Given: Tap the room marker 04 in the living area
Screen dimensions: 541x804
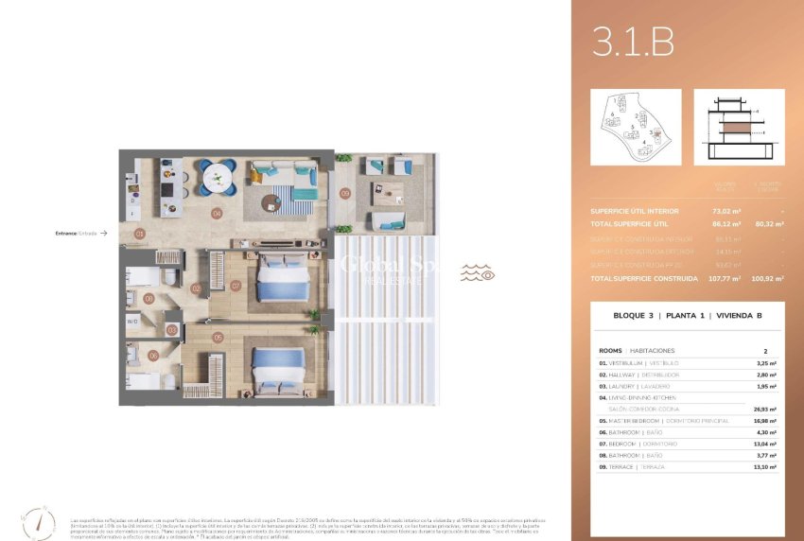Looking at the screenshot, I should coord(217,214).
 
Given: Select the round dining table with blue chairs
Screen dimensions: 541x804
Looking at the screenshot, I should coord(218,176).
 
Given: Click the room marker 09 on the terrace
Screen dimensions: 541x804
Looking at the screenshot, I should coord(345,193).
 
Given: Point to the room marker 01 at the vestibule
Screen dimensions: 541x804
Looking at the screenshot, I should coord(139,233).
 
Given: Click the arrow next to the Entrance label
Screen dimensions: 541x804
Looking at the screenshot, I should coord(104,233).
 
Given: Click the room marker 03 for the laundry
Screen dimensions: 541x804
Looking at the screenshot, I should coord(171,330).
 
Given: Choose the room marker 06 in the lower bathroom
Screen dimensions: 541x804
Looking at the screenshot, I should coord(153,357).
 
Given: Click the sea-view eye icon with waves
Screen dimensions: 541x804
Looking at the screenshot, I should coord(478,274).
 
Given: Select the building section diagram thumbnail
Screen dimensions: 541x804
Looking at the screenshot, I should coord(739,128).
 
